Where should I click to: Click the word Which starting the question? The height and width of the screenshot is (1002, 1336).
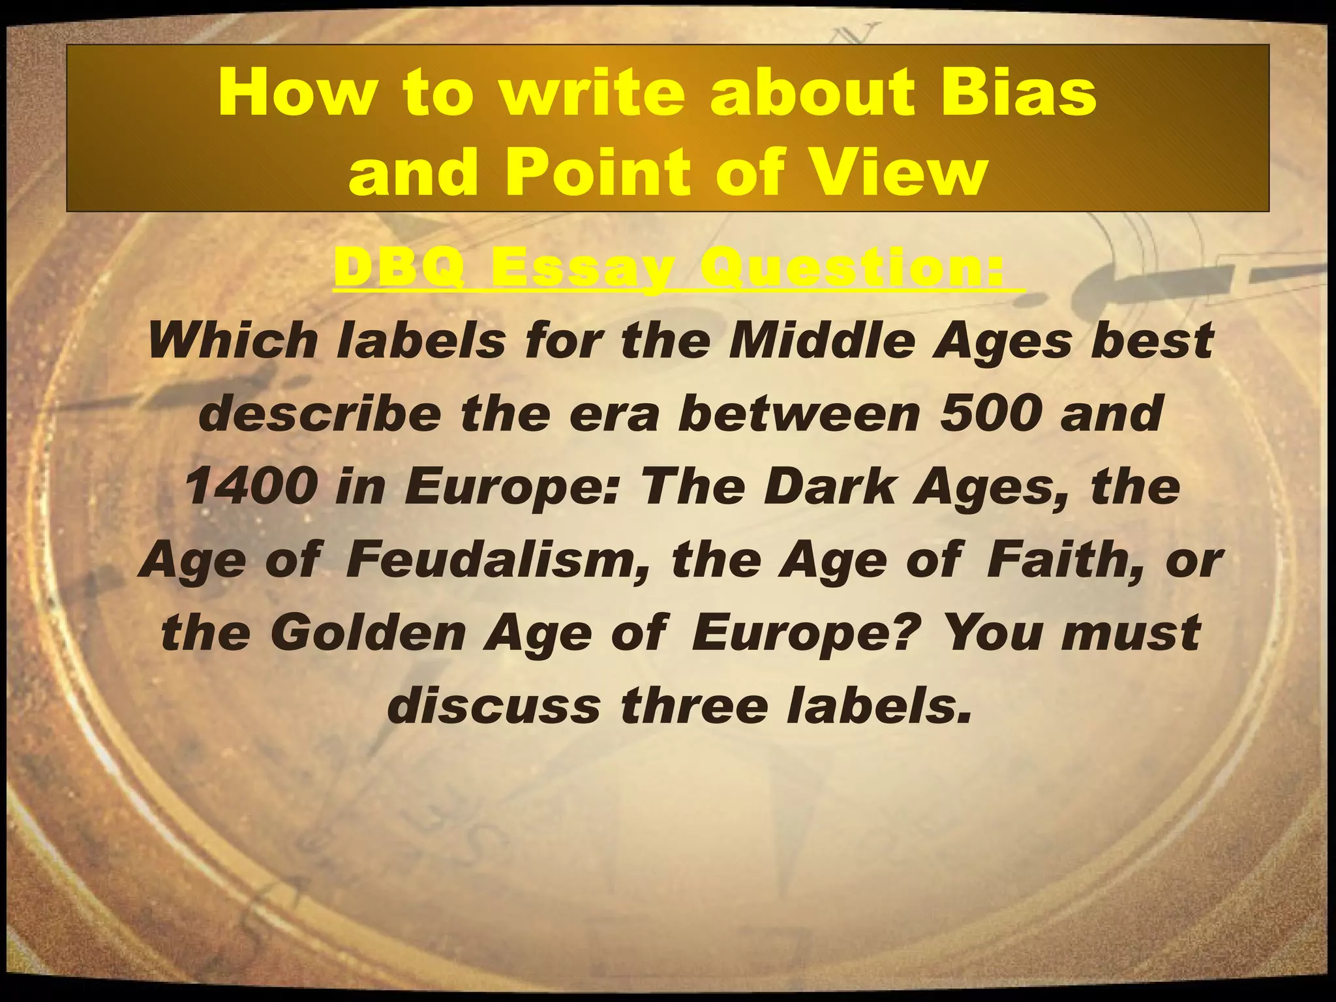click(x=232, y=341)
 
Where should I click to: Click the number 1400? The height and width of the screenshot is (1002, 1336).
click(x=252, y=487)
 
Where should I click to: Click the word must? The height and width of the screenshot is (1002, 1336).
click(x=1132, y=633)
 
